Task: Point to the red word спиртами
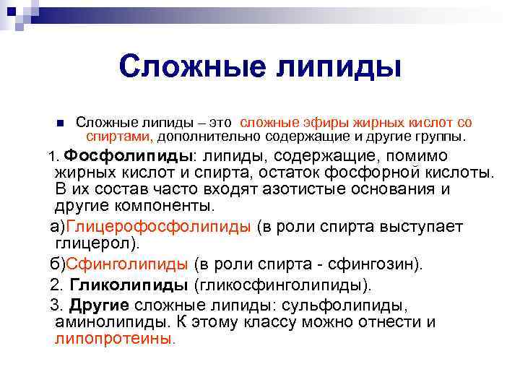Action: tap(118, 136)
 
